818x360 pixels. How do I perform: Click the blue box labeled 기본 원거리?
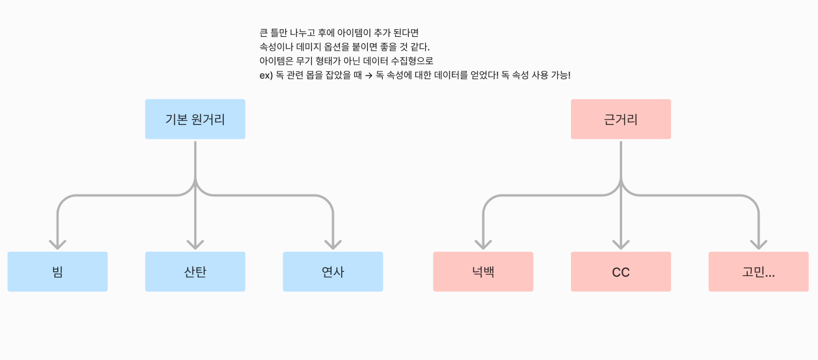click(195, 119)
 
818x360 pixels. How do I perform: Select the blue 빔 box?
click(58, 272)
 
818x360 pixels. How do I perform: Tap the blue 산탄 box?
click(195, 272)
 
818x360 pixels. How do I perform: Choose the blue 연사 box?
click(333, 272)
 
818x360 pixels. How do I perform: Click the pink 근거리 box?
click(621, 119)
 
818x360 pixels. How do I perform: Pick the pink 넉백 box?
click(483, 272)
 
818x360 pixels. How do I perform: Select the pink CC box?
click(621, 272)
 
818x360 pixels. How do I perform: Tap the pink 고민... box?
click(758, 272)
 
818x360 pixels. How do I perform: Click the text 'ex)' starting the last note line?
click(266, 76)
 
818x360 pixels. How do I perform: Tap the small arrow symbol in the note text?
click(369, 76)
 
